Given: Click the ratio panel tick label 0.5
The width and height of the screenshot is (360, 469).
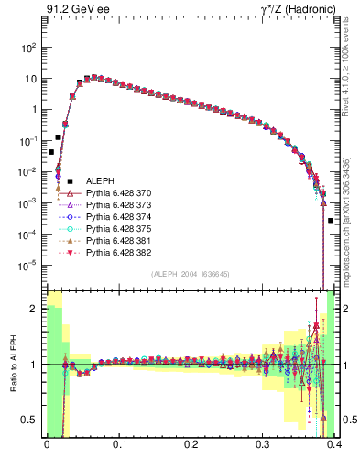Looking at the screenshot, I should click(32, 420).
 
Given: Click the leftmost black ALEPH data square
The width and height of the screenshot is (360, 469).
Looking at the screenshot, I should click(51, 152).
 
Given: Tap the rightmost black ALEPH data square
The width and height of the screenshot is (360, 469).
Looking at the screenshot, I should click(331, 221).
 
